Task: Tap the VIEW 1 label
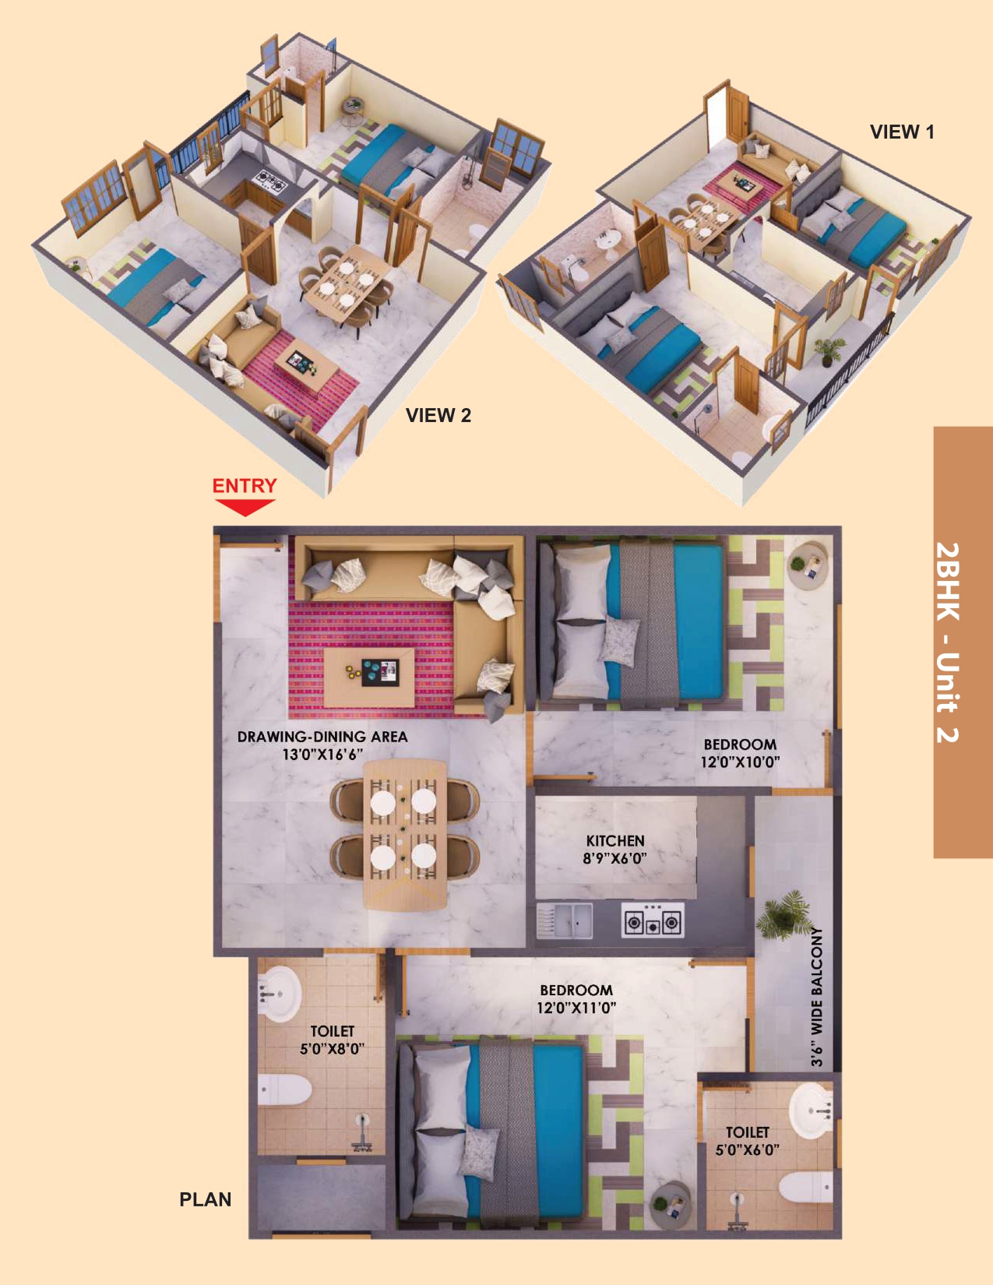coord(902,132)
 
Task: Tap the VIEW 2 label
coord(438,415)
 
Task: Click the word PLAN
coord(206,1199)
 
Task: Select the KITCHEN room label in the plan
coord(615,840)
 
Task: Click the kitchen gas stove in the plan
coord(653,921)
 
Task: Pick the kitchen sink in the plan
coord(565,921)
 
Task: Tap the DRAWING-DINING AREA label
coord(322,737)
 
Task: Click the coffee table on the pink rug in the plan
coord(370,677)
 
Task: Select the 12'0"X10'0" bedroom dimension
coord(740,762)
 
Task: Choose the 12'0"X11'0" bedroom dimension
coord(576,1008)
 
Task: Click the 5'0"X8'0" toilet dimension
coord(332,1049)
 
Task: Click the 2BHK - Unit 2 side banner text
coord(948,642)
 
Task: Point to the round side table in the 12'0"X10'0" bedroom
coord(808,567)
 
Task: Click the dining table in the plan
coord(405,836)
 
